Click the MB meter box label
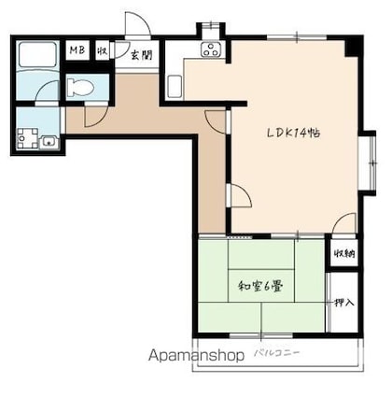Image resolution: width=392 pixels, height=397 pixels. coord(77,50)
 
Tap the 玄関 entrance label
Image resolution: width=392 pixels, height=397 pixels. coord(141,55)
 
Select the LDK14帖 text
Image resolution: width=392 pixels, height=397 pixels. coord(294,134)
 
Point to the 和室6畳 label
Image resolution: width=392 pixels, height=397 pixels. coord(260,286)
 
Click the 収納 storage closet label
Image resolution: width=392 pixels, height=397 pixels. coord(344,254)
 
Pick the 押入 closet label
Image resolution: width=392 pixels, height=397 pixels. coord(344,302)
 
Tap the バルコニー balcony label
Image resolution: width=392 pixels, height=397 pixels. coord(277,353)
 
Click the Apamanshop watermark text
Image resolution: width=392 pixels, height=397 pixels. coord(196,355)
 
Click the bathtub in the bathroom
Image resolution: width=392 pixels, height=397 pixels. coord(37,54)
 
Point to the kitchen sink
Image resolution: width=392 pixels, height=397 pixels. coord(175,87)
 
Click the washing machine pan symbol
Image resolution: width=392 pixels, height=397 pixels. coord(27,138)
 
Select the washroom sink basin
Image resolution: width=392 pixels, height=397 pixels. coord(49,142)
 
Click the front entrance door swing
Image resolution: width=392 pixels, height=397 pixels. coord(138,25)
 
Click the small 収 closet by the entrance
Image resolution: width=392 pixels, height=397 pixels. coord(103,50)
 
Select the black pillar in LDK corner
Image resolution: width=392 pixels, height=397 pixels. coord(354,47)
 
